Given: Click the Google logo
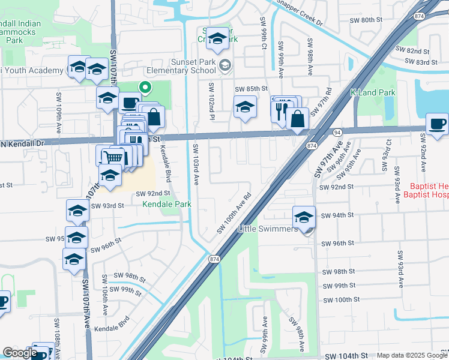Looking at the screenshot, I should coord(20,353).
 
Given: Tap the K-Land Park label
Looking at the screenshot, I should coord(373,93).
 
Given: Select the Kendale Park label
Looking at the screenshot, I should coord(167,205).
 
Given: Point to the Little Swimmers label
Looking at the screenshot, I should coord(268,229).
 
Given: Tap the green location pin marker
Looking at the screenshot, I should coord(145,88).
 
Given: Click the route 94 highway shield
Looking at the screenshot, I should coord(338,131).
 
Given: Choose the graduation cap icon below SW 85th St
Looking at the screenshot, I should coord(244,107).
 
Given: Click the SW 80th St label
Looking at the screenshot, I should coord(366,20).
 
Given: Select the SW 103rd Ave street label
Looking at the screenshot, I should coord(196,165).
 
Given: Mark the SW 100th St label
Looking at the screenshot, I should coord(336,300).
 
